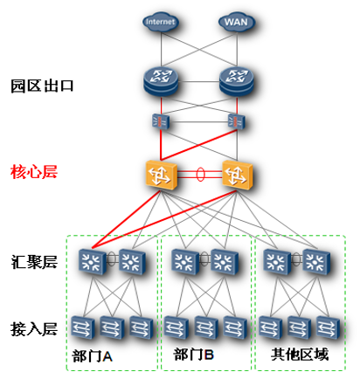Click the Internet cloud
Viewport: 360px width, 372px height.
pyautogui.click(x=161, y=22)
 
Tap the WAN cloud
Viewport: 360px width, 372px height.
pyautogui.click(x=237, y=22)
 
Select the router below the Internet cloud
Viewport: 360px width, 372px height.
pyautogui.click(x=161, y=81)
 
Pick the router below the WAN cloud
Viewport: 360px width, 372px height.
pyautogui.click(x=237, y=81)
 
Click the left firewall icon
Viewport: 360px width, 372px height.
pyautogui.click(x=161, y=121)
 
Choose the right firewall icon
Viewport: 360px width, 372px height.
pyautogui.click(x=237, y=121)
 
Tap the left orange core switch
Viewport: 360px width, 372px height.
pyautogui.click(x=161, y=175)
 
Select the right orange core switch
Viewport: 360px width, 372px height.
pyautogui.click(x=237, y=175)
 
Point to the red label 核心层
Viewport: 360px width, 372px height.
pyautogui.click(x=34, y=172)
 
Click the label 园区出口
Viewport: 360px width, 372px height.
pyautogui.click(x=42, y=86)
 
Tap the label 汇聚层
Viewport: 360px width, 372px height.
pyautogui.click(x=34, y=262)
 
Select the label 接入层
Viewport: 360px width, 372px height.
pyautogui.click(x=34, y=329)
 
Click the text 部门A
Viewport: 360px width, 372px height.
pyautogui.click(x=92, y=356)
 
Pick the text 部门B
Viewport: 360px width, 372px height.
pyautogui.click(x=194, y=355)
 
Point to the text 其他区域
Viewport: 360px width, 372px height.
pyautogui.click(x=300, y=355)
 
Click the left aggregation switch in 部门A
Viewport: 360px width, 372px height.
pyautogui.click(x=93, y=261)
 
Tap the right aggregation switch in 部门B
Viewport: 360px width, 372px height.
pyautogui.click(x=225, y=261)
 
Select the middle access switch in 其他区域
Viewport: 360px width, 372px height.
pyautogui.click(x=299, y=327)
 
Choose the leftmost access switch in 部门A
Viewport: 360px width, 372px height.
pyautogui.click(x=83, y=327)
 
